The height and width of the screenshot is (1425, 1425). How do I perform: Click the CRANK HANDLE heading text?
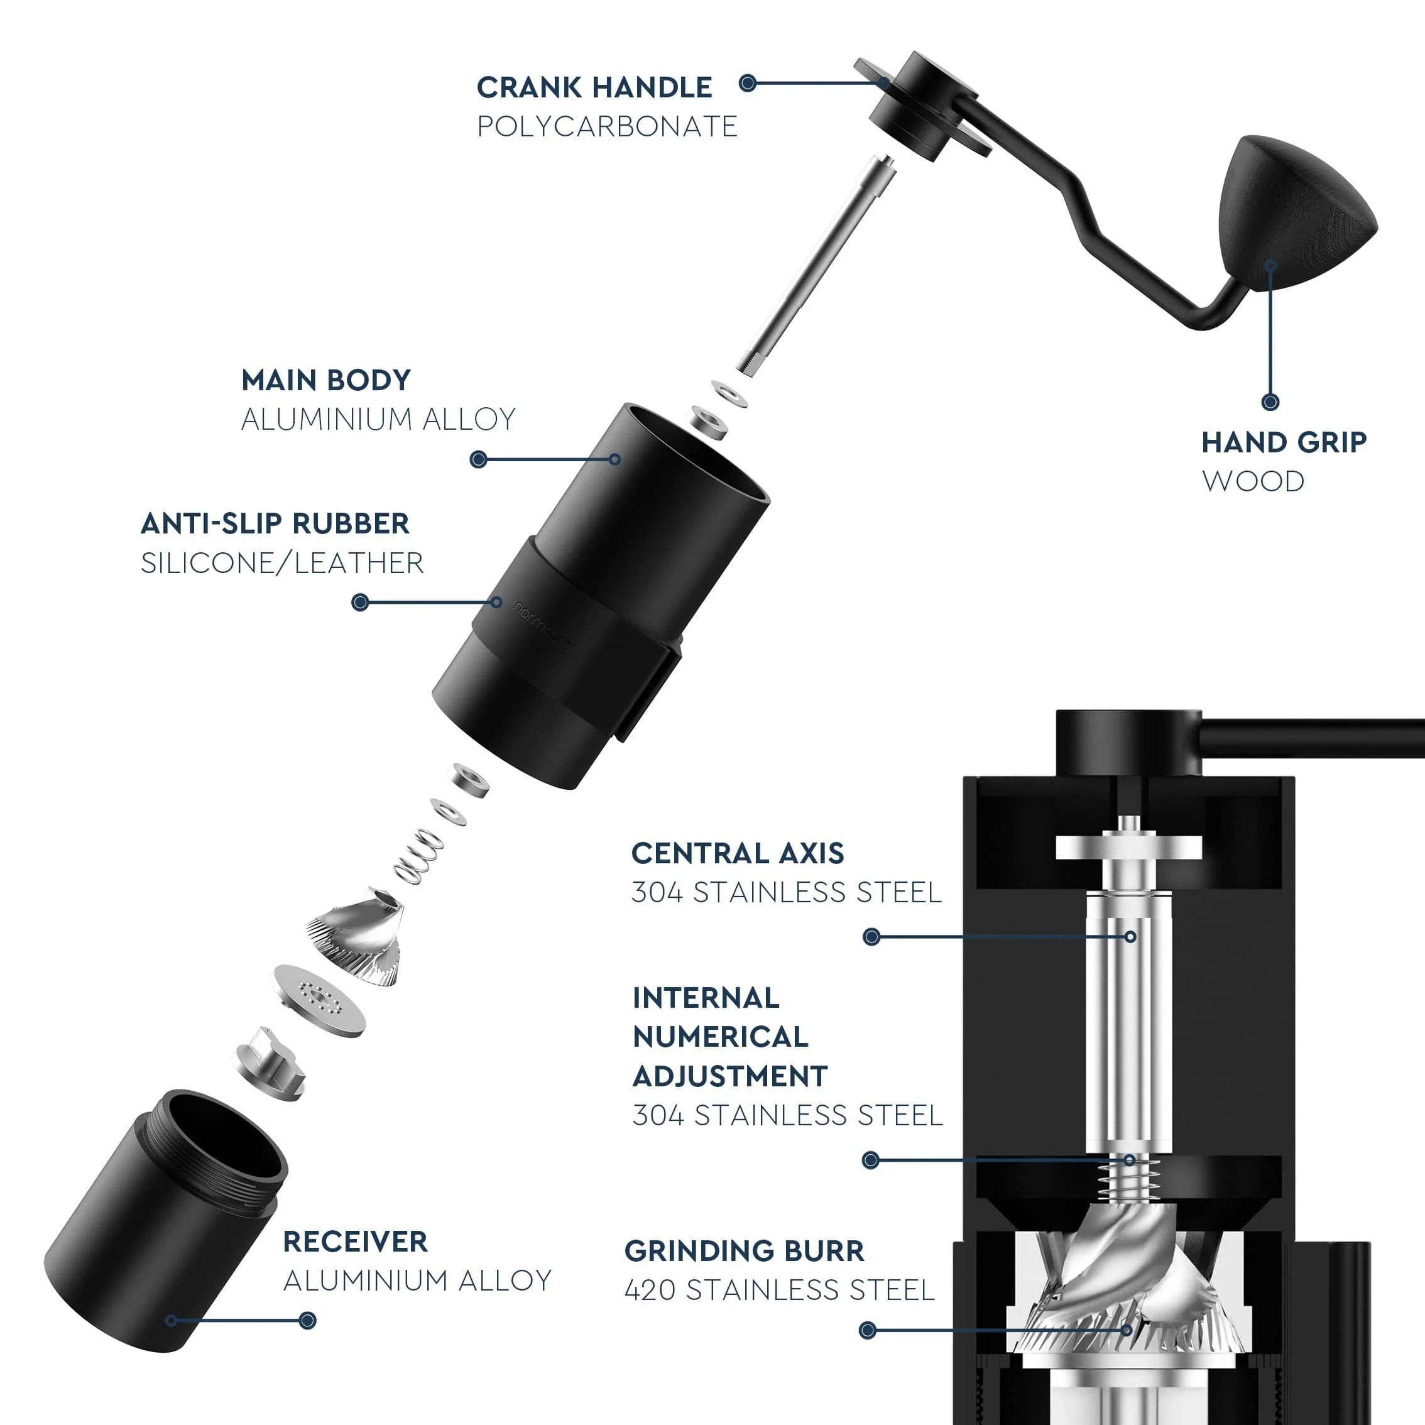coord(594,88)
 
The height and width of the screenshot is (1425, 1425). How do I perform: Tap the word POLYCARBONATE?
coord(606,127)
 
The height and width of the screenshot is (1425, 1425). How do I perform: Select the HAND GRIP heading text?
coord(1284,442)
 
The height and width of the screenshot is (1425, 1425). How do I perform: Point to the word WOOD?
coord(1252,482)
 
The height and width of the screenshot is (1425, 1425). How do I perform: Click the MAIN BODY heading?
coord(325,381)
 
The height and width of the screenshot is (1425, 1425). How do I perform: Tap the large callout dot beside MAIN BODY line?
coord(478,459)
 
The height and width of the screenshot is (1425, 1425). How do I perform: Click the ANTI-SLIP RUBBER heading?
coord(275,523)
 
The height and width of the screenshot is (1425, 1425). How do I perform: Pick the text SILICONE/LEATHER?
coord(281,564)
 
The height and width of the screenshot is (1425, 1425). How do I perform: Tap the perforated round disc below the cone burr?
coord(319,1001)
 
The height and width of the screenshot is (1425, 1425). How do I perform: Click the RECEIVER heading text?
coord(355,1242)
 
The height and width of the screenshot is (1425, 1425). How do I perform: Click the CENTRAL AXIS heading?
coord(737,853)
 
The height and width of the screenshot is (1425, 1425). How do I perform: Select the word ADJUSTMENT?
coord(729,1077)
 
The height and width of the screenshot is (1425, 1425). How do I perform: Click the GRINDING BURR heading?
coord(743,1252)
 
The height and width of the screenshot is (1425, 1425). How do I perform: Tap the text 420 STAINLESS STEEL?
coord(779,1291)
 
